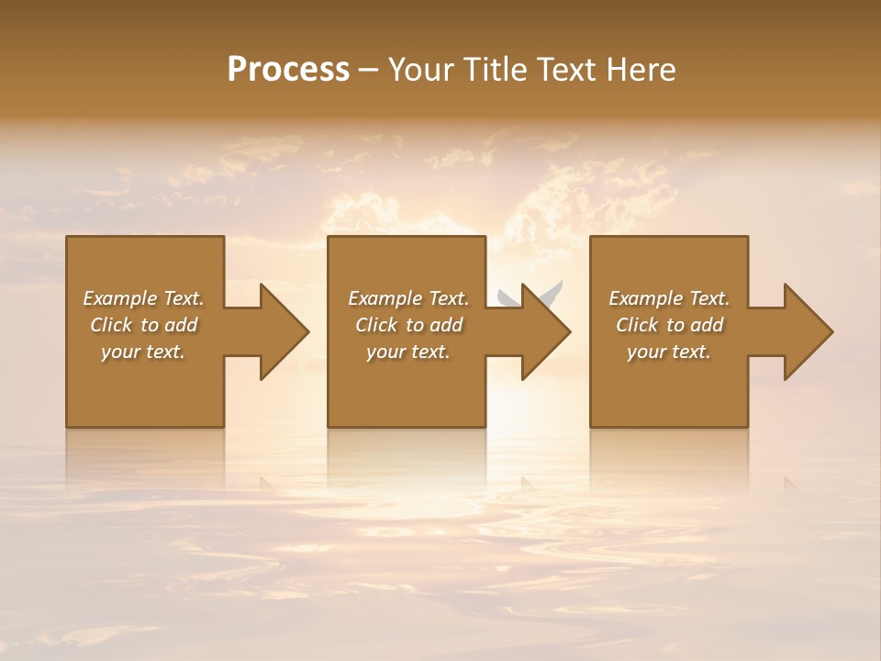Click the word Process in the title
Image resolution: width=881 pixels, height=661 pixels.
coord(288,69)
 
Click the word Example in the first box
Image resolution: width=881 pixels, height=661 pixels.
coord(119,298)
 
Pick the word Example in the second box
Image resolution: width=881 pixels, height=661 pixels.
coord(385,298)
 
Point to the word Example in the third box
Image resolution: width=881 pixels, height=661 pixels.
coord(645,298)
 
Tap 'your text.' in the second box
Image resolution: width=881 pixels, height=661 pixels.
coord(407,352)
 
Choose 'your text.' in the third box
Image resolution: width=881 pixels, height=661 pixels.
coord(668,352)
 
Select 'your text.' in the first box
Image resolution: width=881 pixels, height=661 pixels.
coord(142,352)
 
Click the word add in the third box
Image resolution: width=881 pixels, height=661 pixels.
coord(706,325)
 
